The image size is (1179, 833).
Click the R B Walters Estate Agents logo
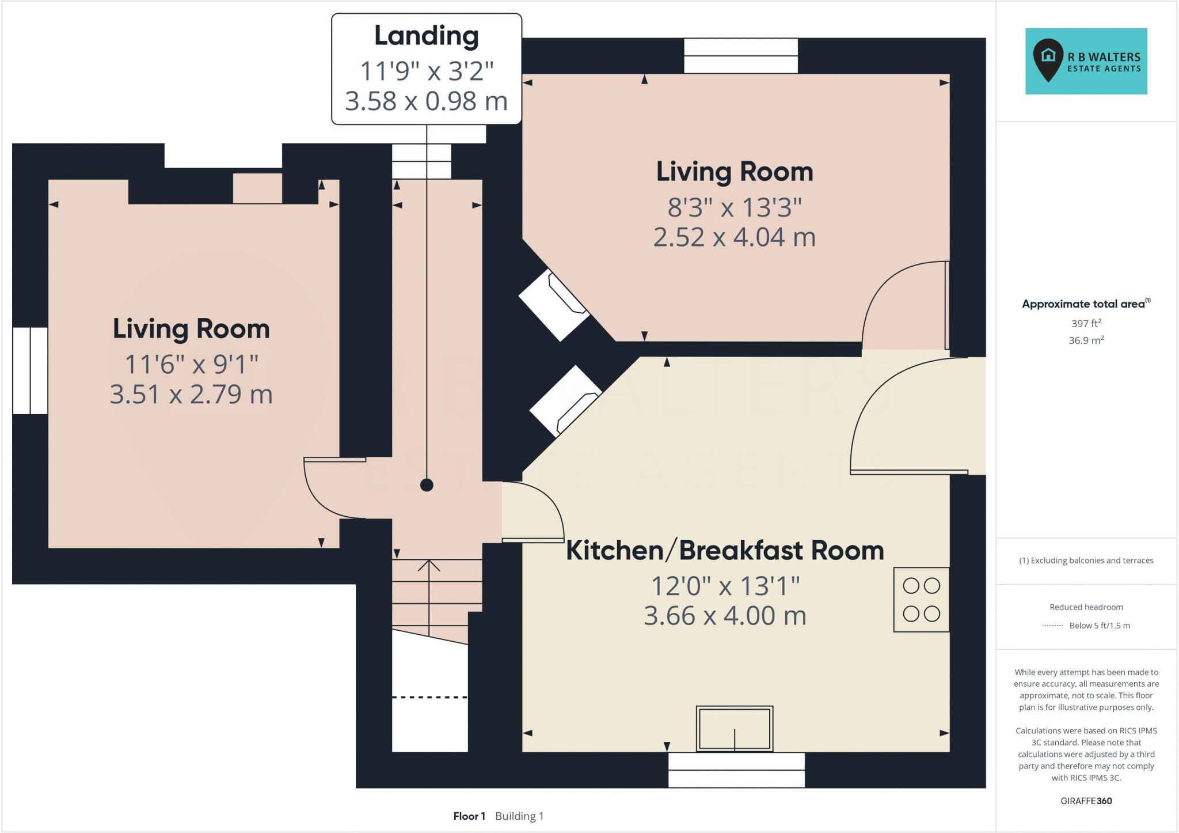coord(1086,61)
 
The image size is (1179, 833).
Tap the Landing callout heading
coord(426,36)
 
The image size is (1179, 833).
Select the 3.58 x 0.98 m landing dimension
coord(426,101)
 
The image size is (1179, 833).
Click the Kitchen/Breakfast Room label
coord(725,550)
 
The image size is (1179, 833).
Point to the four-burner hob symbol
coord(921,600)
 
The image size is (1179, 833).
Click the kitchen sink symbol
coord(734,729)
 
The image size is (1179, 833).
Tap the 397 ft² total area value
coord(1086,323)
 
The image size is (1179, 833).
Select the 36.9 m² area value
coord(1086,340)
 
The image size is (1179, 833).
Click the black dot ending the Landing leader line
coord(427,485)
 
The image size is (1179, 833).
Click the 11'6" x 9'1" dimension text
coord(191,364)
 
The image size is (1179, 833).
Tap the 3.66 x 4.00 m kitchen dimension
coord(725,616)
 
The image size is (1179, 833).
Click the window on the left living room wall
coord(30,370)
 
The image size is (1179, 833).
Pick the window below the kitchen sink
coord(736,770)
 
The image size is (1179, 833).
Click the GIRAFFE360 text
coord(1086,801)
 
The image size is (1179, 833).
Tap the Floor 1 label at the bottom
coord(469,816)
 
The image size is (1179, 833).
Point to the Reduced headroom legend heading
coord(1086,607)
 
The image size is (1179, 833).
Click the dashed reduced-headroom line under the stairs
coord(429,697)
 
